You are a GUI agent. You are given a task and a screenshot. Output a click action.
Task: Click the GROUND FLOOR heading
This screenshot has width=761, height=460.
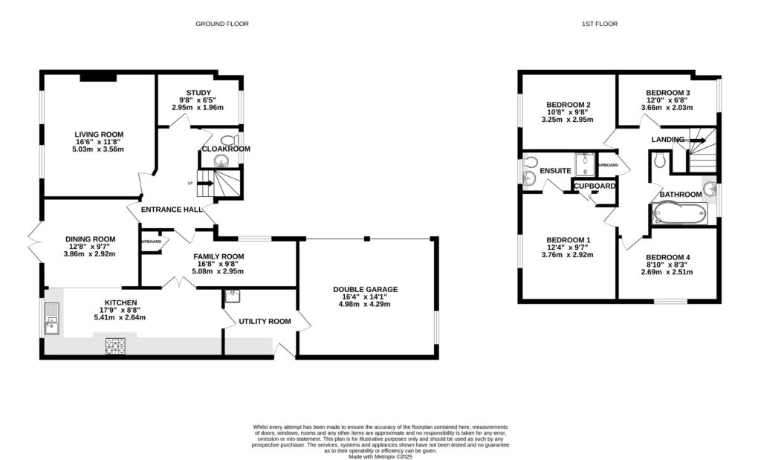tap(221, 24)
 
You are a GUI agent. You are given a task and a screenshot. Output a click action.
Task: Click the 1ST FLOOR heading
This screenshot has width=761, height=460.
tap(600, 24)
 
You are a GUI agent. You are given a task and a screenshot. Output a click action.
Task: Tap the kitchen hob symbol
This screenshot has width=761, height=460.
tap(117, 344)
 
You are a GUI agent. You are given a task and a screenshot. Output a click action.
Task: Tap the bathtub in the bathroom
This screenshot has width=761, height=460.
tap(677, 214)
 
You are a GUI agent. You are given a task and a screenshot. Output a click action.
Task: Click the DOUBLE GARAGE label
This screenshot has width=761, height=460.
tap(366, 289)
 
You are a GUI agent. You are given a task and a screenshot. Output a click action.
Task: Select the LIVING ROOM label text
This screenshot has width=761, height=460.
tap(98, 135)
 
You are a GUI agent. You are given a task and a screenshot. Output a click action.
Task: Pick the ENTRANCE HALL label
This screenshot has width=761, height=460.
tap(172, 210)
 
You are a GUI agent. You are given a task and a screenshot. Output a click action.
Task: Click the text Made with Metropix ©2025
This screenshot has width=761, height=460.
tap(380, 456)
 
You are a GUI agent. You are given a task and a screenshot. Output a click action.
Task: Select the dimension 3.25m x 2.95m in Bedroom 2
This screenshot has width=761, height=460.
tap(569, 120)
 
